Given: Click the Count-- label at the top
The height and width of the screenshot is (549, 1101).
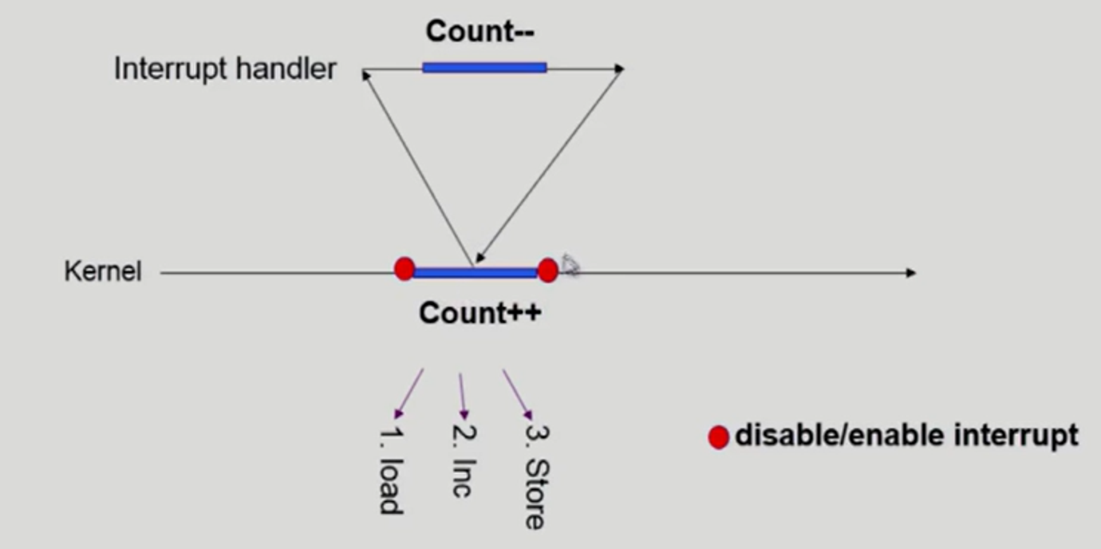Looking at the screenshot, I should coord(479,32).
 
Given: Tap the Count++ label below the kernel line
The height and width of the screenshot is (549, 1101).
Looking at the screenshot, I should coord(479,313).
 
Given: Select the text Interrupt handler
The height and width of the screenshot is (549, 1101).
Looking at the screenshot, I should coord(225,69).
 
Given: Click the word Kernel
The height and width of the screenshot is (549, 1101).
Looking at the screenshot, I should coord(102,272).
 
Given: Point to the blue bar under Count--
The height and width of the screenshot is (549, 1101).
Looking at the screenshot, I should coord(484,68).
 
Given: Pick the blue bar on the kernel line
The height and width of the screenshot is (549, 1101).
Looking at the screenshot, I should coord(475,273).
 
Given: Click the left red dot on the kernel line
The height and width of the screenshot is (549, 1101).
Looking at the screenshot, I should coord(404,269).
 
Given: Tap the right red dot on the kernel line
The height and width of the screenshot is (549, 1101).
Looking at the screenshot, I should coord(547,271).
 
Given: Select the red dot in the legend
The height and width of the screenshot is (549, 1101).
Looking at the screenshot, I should coord(718,437).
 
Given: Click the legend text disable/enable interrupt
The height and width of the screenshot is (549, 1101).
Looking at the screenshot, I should coord(906,436).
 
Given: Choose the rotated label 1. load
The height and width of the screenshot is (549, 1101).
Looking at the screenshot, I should coord(389,471).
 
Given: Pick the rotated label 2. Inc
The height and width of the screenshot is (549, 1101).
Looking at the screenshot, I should coord(462,468).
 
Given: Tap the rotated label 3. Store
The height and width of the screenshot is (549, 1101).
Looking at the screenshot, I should coord(535,476).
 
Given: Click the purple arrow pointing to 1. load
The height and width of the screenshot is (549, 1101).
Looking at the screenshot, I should coord(409,393).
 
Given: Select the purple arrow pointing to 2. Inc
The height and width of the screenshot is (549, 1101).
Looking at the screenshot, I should coord(461,395).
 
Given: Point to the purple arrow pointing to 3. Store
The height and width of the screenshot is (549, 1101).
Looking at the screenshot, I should coord(517,393).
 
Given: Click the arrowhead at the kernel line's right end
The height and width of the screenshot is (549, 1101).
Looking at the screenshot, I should coord(911,273).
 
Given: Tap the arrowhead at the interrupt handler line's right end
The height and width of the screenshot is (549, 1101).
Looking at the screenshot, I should coord(618,69).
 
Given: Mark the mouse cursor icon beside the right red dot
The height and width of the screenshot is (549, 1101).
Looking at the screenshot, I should coord(570,265).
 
